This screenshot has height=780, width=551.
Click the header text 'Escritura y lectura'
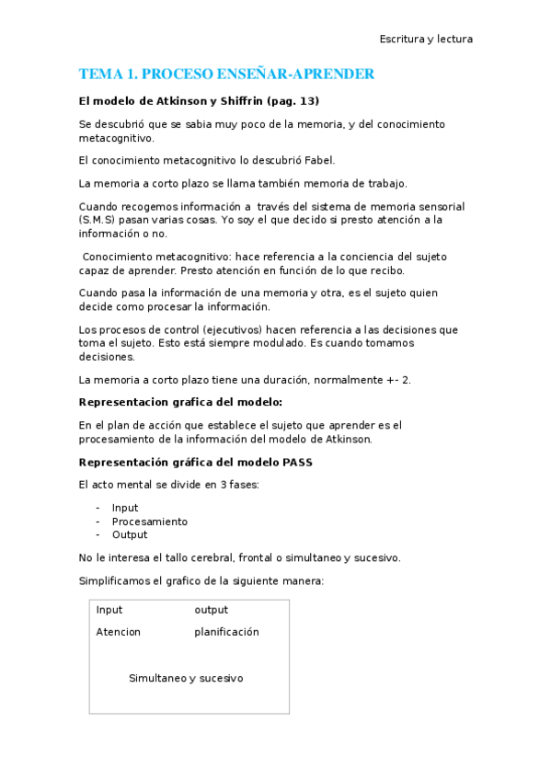coord(426,39)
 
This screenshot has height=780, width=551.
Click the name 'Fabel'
coord(314,160)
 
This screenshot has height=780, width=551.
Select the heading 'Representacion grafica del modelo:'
coord(180,402)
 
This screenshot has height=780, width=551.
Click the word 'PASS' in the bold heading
coord(295,462)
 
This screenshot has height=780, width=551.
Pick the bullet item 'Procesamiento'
coord(150,522)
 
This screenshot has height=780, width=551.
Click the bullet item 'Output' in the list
coord(130,534)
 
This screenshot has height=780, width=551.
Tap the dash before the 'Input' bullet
coord(98,508)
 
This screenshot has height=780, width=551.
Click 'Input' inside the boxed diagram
coord(109,610)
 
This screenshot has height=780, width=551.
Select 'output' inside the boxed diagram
coord(211,610)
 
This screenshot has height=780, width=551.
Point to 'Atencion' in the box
coord(119,632)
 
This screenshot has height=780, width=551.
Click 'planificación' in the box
coord(226,632)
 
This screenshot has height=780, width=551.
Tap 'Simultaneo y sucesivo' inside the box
coord(186,678)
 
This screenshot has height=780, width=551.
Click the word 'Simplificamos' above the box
coord(116,580)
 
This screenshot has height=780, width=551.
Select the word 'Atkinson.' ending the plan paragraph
coord(349,439)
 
